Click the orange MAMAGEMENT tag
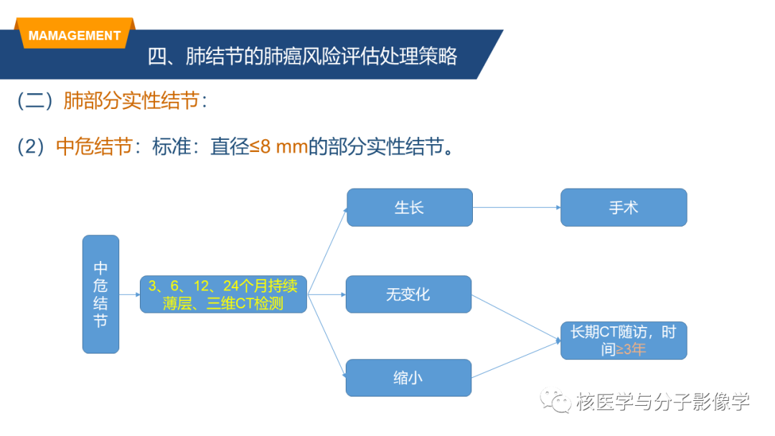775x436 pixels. point(75,33)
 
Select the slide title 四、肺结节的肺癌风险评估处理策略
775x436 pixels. point(303,57)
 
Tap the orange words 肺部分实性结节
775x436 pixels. point(131,100)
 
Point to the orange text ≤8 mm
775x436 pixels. point(278,147)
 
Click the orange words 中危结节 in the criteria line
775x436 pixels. point(95,147)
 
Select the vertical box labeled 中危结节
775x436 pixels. point(101,294)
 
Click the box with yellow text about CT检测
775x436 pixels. point(223,294)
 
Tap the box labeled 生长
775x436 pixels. point(410,207)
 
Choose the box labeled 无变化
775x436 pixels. point(409,294)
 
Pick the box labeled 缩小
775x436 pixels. point(409,378)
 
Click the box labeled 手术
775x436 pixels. point(624,207)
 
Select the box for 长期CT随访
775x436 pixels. point(624,341)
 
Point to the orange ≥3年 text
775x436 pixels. point(631,350)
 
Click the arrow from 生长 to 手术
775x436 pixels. point(517,207)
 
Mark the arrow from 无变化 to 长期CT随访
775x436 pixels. point(516,318)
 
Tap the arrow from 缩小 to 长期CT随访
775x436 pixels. point(516,359)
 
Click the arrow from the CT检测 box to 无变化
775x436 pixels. point(327,294)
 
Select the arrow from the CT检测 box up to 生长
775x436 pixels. point(327,251)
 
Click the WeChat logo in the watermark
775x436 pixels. point(555,401)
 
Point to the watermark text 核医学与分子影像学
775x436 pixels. point(663,402)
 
